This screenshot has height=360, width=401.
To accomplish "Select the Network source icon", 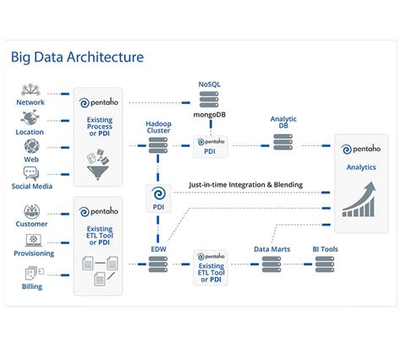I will tap(31, 90).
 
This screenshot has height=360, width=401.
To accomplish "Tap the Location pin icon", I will tap(31, 118).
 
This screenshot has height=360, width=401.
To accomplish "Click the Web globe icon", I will tap(31, 146).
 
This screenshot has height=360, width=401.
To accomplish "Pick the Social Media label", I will tap(31, 185).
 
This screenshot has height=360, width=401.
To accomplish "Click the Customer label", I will tap(31, 224).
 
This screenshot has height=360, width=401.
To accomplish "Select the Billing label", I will tap(31, 285).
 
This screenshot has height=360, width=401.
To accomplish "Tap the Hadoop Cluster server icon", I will tap(158, 146).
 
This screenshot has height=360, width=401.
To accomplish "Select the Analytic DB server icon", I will tap(283, 145).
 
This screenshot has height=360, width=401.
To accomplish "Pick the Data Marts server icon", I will tap(272, 265).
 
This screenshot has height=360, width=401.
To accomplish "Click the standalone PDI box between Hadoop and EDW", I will tap(158, 198).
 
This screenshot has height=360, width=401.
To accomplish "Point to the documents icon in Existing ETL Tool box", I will tap(99, 270).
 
